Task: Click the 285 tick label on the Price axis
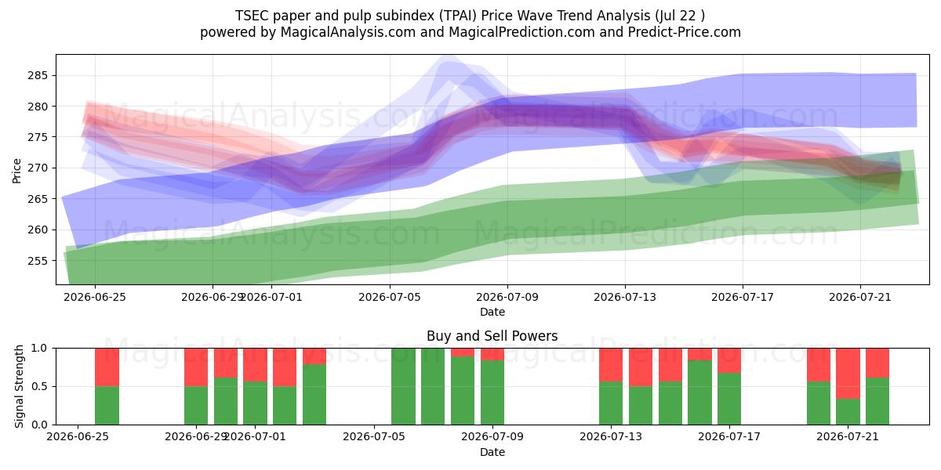coord(38,76)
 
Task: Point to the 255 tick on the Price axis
coord(38,261)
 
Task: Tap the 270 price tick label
coord(38,168)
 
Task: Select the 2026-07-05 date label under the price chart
coord(390,297)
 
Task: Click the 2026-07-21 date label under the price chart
coord(860,297)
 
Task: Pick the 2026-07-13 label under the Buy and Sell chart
coord(611,437)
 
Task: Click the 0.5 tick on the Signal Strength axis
coord(40,386)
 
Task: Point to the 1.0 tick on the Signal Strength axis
coord(40,349)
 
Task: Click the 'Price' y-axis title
coord(16,171)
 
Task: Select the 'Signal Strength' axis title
coord(19,386)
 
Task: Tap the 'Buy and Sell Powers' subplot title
coord(492,336)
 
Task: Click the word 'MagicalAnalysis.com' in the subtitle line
coord(348,32)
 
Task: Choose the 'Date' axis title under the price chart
coord(492,313)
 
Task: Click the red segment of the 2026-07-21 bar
coord(848,374)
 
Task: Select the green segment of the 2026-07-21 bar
coord(848,412)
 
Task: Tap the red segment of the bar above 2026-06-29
coord(196,367)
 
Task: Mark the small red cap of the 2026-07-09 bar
coord(492,354)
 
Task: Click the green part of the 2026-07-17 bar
coord(729,399)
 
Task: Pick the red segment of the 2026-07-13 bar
coord(611,365)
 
